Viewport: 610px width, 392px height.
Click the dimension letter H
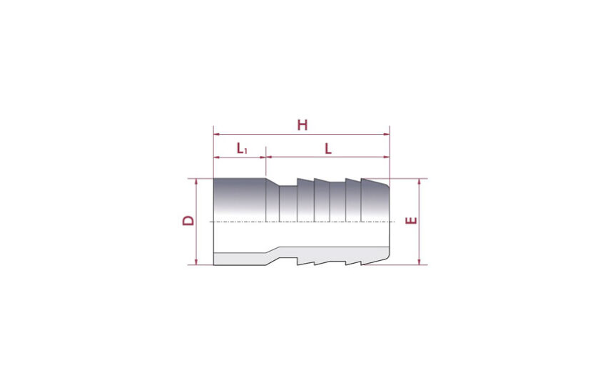pos(303,125)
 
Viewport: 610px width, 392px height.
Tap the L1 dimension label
pos(242,148)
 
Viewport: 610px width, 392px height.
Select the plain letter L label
pos(328,148)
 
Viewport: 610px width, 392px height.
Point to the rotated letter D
pos(188,220)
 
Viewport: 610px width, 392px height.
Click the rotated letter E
pos(411,220)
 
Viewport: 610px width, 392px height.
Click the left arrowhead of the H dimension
pos(217,135)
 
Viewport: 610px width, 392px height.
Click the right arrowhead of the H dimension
pos(386,135)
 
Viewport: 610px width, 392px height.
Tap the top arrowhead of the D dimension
pos(196,182)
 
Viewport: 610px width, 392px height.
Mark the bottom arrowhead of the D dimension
pos(196,262)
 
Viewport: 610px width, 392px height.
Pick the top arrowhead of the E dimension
pos(419,182)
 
